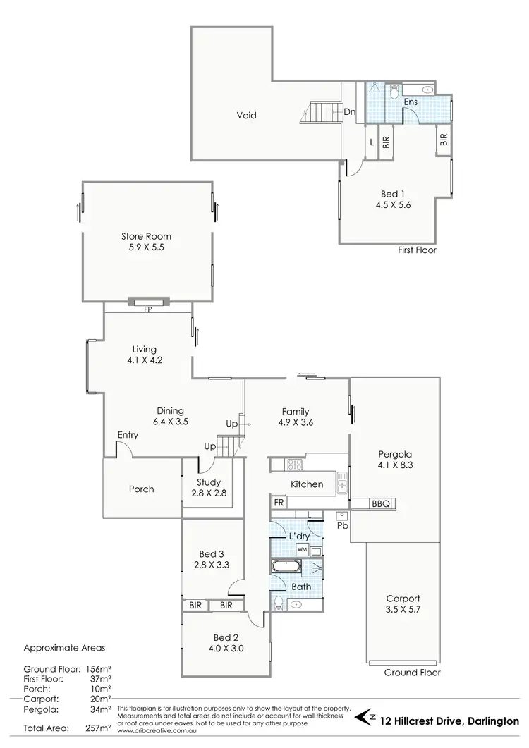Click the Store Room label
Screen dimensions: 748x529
coord(146,237)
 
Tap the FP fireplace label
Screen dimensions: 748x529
coord(148,309)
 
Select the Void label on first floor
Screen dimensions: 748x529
coord(246,116)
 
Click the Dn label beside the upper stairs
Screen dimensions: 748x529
coord(349,111)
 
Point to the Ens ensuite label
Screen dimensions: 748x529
coord(410,102)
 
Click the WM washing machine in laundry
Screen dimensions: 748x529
coord(301,548)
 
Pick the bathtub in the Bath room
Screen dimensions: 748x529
coord(288,565)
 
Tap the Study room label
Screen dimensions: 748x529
coord(210,482)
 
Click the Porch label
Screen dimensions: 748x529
coord(141,489)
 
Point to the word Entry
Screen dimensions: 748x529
coord(128,435)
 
